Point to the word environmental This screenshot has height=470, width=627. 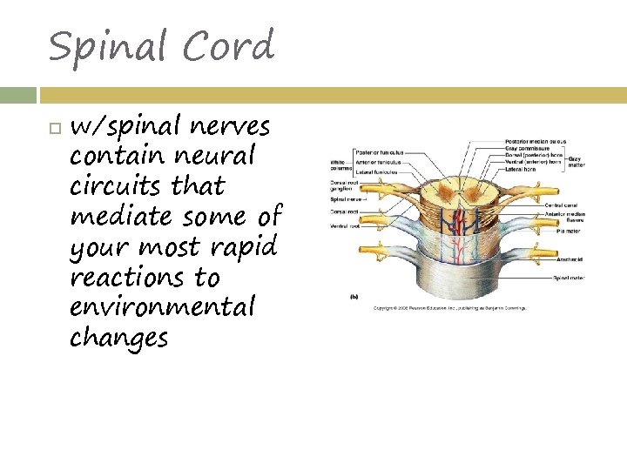163,306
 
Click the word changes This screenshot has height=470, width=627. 118,337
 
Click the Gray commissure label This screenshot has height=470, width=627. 528,147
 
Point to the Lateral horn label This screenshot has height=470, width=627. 521,168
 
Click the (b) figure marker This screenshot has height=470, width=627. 354,297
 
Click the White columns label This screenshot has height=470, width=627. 340,164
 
